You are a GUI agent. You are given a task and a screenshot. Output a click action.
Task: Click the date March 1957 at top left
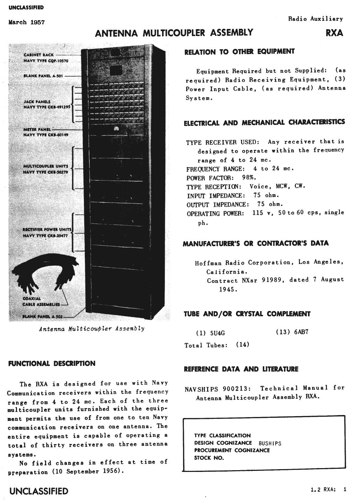[x=26, y=23]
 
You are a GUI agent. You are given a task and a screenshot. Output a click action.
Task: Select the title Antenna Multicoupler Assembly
[x=174, y=33]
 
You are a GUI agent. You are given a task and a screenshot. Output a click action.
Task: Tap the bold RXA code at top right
[x=334, y=33]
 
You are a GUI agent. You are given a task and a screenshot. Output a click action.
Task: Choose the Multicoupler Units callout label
[x=45, y=169]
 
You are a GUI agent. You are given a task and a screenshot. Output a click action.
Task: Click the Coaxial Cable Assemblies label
[x=41, y=301]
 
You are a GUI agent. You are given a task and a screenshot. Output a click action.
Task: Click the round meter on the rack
[x=116, y=129]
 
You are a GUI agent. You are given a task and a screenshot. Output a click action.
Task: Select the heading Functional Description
[x=51, y=363]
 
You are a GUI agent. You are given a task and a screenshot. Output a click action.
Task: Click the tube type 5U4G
[x=217, y=333]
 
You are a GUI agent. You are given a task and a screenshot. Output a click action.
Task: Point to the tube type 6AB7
[x=301, y=332]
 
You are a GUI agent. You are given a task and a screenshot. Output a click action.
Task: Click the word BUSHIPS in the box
[x=270, y=443]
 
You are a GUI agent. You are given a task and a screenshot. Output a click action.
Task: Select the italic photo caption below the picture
[x=92, y=328]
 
